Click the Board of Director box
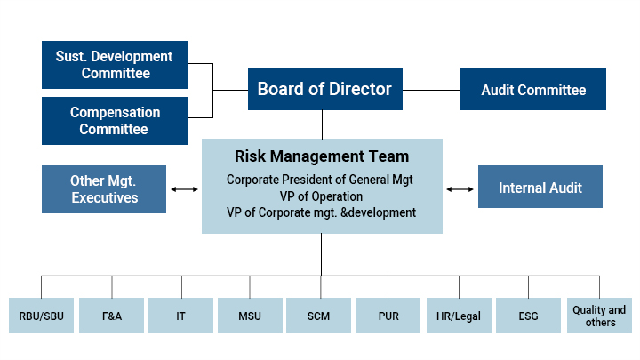pyautogui.click(x=324, y=89)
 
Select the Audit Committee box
pyautogui.click(x=533, y=90)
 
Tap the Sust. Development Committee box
pyautogui.click(x=116, y=65)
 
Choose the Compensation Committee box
pyautogui.click(x=116, y=121)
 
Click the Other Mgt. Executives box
pyautogui.click(x=104, y=188)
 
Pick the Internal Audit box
pyautogui.click(x=540, y=188)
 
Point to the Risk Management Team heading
pyautogui.click(x=322, y=156)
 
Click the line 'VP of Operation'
pyautogui.click(x=322, y=196)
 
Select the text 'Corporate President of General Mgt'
pyautogui.click(x=322, y=179)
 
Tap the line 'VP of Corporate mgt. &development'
pyautogui.click(x=322, y=212)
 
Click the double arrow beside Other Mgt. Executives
pyautogui.click(x=184, y=189)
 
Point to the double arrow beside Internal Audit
pyautogui.click(x=460, y=189)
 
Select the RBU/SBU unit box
pyautogui.click(x=42, y=316)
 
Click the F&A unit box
pyautogui.click(x=112, y=316)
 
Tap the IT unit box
pyautogui.click(x=181, y=316)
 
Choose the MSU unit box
pyautogui.click(x=251, y=316)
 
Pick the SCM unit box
pyautogui.click(x=319, y=316)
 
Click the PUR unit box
pyautogui.click(x=388, y=316)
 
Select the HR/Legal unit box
pyautogui.click(x=459, y=316)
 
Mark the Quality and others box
pyautogui.click(x=599, y=316)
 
